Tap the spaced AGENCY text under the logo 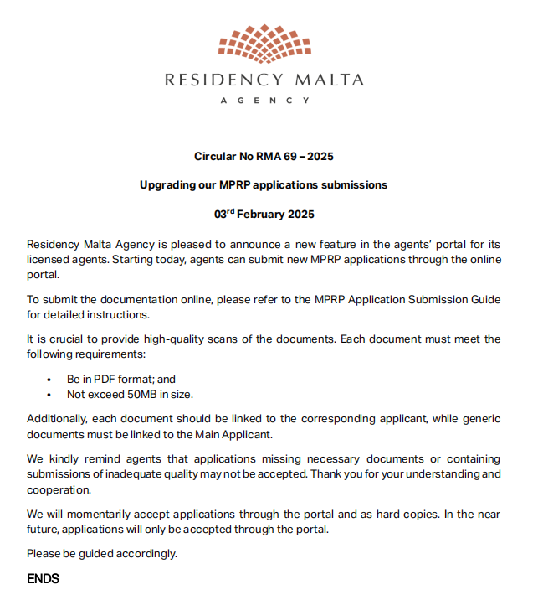(264, 100)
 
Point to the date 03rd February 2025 (264, 214)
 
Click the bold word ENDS (43, 578)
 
